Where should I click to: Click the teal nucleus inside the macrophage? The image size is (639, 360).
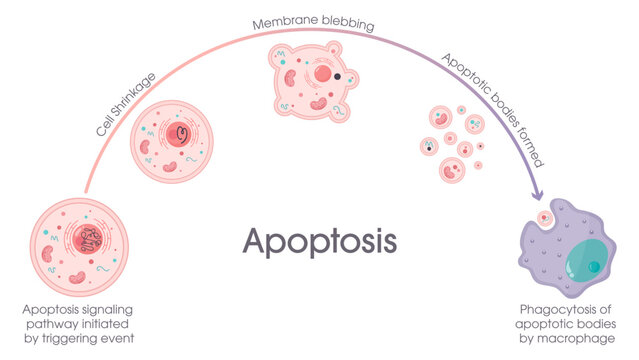[x=589, y=262]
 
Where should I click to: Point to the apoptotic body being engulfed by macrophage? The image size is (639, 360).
[x=546, y=217]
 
